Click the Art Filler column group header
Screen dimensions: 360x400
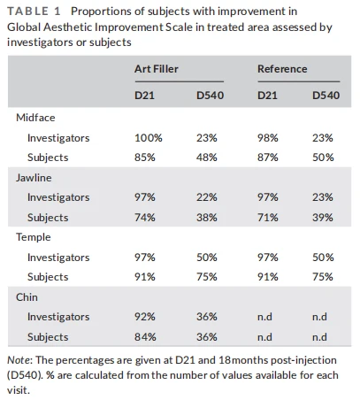[157, 69]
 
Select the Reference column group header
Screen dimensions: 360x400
[282, 69]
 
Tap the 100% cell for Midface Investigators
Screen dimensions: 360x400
[149, 138]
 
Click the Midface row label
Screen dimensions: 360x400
[35, 118]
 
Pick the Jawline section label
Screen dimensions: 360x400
[34, 178]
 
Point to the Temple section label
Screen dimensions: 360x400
[34, 237]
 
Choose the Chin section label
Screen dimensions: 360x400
[27, 297]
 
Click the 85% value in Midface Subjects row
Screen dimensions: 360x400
[145, 158]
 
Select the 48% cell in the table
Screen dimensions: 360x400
[207, 158]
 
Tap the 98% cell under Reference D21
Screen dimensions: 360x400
[268, 138]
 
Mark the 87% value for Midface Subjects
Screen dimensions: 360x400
[268, 158]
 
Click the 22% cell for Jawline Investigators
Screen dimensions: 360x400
[207, 197]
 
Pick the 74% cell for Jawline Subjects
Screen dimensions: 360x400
[145, 218]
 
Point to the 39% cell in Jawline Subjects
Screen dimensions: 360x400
[323, 218]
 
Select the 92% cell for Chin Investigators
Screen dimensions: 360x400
[145, 317]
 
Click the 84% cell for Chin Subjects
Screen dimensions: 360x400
[145, 337]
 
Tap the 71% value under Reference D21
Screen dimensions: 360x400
[268, 218]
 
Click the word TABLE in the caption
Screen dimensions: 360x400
[27, 12]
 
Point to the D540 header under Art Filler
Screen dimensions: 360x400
[211, 96]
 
